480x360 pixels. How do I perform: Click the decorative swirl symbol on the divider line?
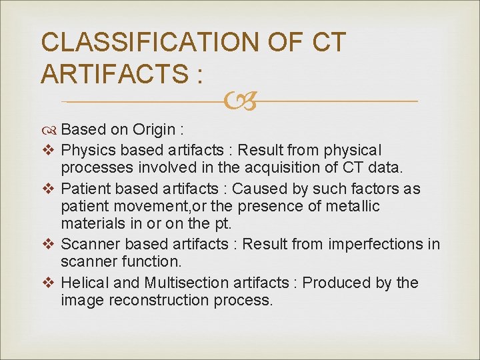pos(240,101)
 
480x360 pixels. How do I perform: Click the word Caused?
pos(261,189)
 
